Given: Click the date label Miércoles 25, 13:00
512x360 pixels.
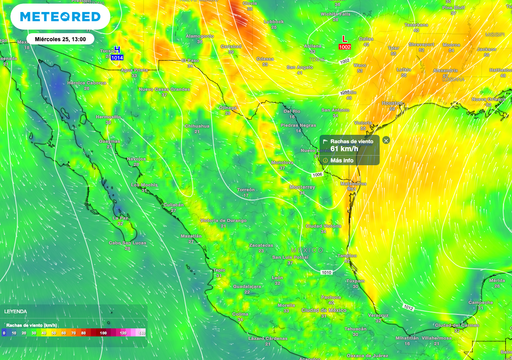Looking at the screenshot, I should [x=60, y=39].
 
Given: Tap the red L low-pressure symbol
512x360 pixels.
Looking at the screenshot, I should [x=345, y=39].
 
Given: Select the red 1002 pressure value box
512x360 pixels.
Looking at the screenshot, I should [x=345, y=48].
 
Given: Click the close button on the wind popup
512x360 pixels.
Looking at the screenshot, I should [x=386, y=140].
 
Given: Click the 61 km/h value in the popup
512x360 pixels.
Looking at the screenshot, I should [x=345, y=149].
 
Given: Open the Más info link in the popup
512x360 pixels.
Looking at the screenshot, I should [x=343, y=160].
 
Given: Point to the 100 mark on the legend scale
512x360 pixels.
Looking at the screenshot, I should [x=104, y=331].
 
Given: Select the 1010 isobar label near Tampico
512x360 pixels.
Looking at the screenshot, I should [x=327, y=272].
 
